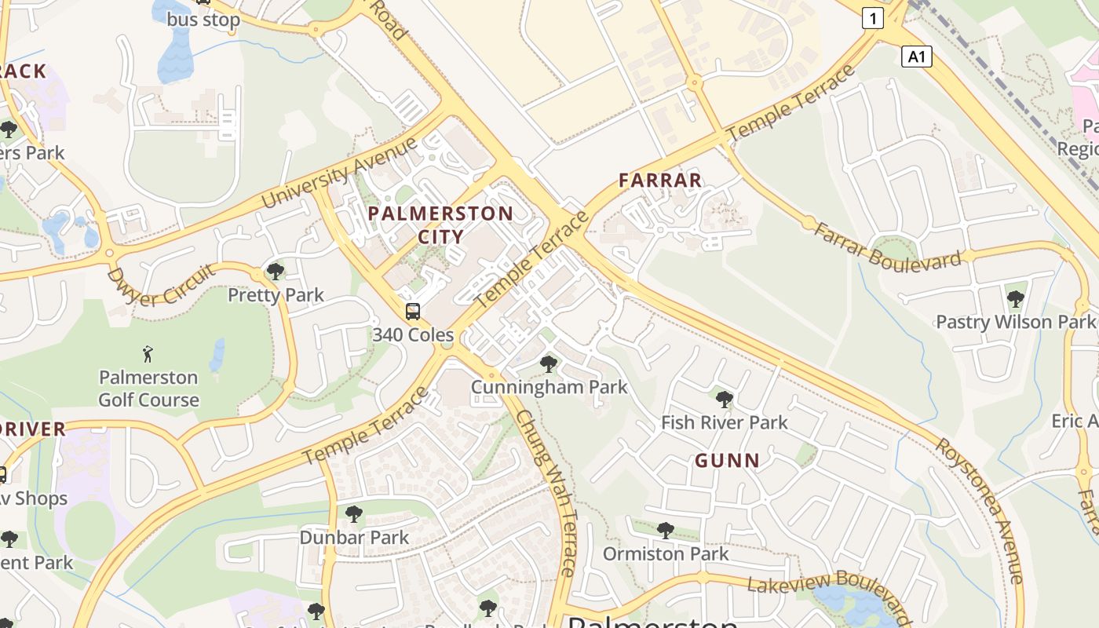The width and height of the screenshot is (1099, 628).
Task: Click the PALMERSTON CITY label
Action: click(x=440, y=225)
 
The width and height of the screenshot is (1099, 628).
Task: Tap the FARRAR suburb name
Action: click(x=660, y=181)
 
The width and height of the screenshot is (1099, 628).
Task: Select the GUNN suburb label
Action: click(x=727, y=461)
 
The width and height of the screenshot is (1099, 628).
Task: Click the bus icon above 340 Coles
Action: click(x=413, y=312)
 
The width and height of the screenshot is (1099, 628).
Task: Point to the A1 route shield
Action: click(x=916, y=57)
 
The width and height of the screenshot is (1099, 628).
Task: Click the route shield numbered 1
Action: click(x=872, y=18)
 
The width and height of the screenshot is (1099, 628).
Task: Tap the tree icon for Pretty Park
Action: click(x=276, y=272)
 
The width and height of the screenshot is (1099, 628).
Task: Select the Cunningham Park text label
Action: click(x=549, y=387)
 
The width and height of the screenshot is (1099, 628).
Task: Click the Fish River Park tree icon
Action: click(x=725, y=399)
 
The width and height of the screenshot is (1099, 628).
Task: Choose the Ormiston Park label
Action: click(x=666, y=553)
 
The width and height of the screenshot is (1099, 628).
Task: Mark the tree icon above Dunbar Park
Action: click(x=354, y=514)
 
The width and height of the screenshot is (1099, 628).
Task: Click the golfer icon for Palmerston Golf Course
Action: click(x=148, y=354)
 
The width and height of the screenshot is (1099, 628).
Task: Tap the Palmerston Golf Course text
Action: click(x=148, y=389)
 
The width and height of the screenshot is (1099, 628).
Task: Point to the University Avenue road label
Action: click(x=339, y=173)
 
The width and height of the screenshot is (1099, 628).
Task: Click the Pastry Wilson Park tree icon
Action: click(x=1015, y=298)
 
